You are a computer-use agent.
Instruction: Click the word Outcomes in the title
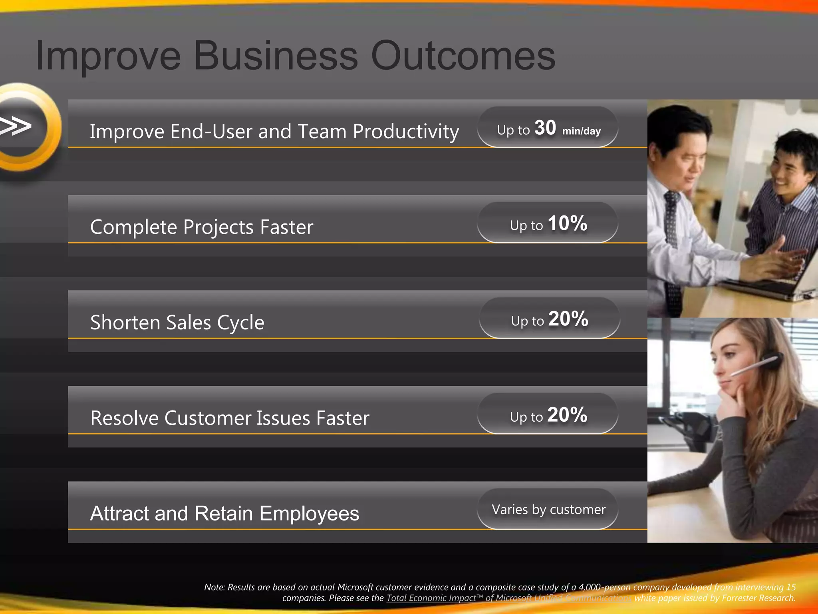point(463,56)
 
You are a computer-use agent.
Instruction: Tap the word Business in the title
point(276,56)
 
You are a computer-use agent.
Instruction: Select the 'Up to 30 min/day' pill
point(548,127)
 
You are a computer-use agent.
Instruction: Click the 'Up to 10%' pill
point(548,223)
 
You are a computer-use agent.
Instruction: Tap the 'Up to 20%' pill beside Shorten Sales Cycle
point(549,318)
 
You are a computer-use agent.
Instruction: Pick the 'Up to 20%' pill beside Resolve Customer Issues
point(548,414)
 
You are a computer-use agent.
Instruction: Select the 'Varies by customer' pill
point(548,509)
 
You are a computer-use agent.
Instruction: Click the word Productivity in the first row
point(406,132)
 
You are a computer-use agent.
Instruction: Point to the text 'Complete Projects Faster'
point(202,227)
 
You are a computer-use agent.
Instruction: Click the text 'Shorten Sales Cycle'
point(177,323)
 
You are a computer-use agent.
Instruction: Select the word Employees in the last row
point(309,514)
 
